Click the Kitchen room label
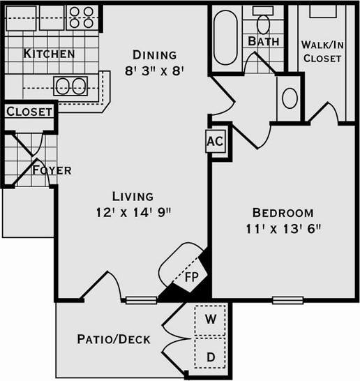49,54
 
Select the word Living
133,196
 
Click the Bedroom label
283,213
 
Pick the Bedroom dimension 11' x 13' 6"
283,228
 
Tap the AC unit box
215,141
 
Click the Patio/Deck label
113,340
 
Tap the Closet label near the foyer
29,112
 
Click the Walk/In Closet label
321,52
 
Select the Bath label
264,41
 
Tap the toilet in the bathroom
263,22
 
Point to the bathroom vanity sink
289,97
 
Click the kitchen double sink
70,87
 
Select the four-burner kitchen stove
82,17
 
